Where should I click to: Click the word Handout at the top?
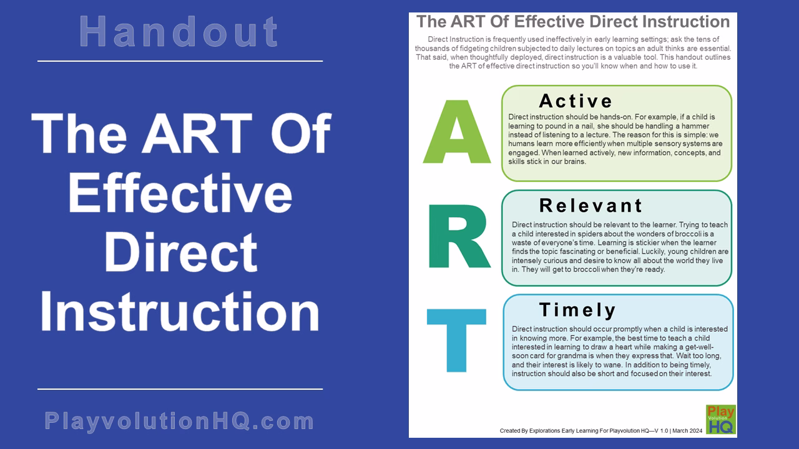[x=180, y=32]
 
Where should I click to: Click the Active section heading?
[x=576, y=101]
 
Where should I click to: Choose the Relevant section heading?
[x=591, y=205]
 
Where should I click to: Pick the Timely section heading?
[x=577, y=310]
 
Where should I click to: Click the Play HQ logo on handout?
[x=720, y=420]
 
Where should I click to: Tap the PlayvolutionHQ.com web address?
[x=180, y=421]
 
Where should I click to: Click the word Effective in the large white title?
[x=180, y=194]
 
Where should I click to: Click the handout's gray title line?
[x=572, y=22]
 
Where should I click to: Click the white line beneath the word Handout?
[x=180, y=61]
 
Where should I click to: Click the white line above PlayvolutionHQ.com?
[x=180, y=389]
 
